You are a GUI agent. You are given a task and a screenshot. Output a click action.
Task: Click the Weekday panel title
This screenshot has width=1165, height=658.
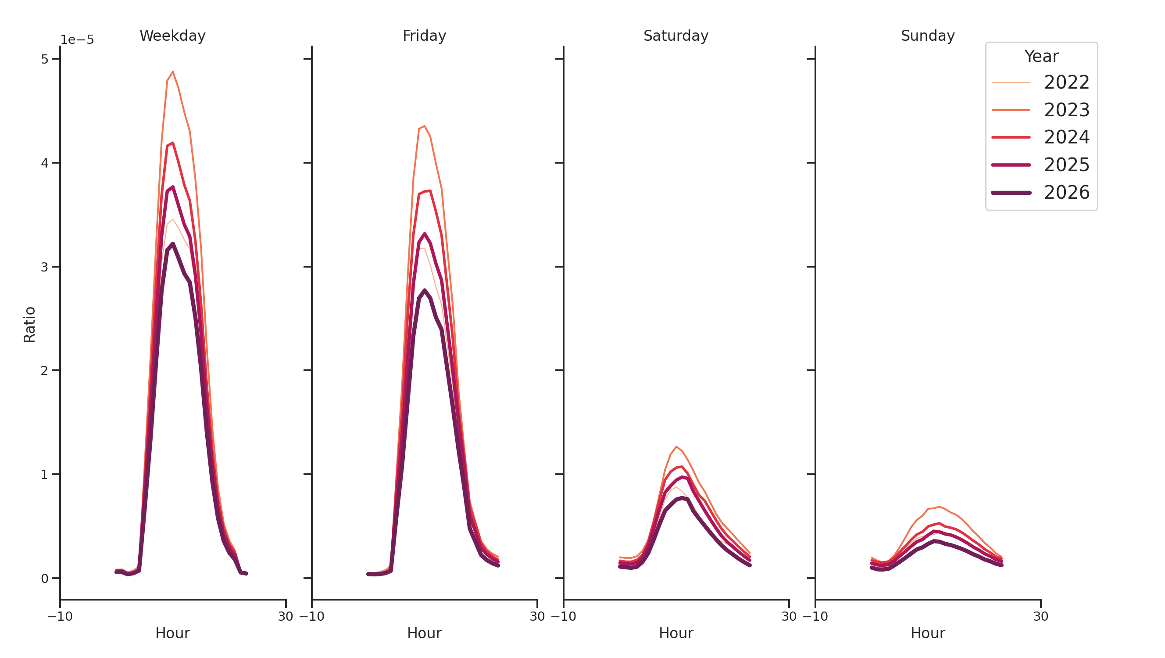coord(172,36)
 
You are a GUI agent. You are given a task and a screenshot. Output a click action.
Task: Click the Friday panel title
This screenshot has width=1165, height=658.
coord(424,36)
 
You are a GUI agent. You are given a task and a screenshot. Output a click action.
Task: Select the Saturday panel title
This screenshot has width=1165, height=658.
coord(675,36)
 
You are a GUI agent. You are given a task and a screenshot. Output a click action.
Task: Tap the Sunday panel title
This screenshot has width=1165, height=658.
coord(928,36)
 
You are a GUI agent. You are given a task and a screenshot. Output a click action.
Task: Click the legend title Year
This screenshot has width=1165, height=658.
coord(1041,57)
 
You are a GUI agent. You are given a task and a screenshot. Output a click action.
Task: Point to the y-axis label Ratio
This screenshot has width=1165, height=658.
coord(29,324)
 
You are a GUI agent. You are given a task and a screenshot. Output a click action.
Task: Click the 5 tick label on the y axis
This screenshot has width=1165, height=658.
coord(44,59)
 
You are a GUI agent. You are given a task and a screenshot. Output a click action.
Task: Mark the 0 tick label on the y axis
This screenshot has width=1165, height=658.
coord(44,579)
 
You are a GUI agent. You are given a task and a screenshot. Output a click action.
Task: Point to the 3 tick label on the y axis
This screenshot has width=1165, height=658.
coord(44,267)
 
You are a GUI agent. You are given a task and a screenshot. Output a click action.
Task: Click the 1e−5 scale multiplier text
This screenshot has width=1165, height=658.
coord(77,40)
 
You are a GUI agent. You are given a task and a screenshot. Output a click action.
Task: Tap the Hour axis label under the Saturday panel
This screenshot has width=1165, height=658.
coord(675,633)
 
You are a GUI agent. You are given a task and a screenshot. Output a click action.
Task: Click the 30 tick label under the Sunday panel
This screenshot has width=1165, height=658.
coord(1040,616)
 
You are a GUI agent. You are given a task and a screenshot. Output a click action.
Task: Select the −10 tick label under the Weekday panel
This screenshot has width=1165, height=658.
coord(60,616)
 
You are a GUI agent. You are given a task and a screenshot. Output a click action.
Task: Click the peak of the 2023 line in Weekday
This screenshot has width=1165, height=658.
coord(173,72)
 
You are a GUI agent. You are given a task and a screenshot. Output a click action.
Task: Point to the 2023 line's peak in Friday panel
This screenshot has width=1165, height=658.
coord(424,126)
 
